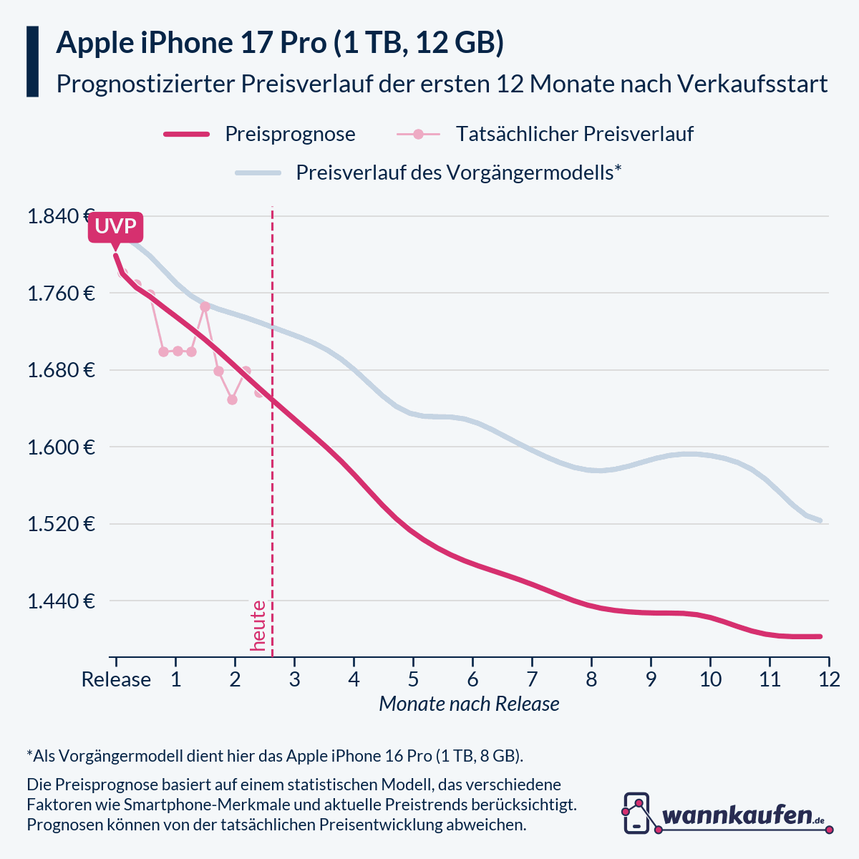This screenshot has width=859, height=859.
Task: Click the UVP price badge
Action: (115, 228)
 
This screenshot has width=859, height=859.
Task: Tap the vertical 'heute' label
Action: (258, 626)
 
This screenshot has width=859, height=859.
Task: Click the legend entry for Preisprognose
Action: (290, 134)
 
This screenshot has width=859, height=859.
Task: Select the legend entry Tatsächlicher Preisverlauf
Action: (574, 134)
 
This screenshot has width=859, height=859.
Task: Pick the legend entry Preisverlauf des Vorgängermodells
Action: (458, 173)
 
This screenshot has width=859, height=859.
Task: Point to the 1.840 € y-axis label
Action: (60, 216)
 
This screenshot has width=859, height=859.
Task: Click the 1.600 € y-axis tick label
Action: (60, 447)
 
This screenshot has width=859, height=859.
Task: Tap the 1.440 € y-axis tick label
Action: (60, 601)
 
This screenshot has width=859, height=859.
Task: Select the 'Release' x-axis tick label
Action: (116, 679)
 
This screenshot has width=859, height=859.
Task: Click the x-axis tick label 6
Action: (472, 679)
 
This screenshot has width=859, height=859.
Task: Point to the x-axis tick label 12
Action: (828, 679)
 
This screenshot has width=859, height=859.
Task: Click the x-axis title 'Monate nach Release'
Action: (469, 704)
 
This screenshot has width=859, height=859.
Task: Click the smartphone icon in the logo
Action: (636, 812)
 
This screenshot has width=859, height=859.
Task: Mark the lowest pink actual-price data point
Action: (232, 399)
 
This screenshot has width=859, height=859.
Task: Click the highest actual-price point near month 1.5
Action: (205, 306)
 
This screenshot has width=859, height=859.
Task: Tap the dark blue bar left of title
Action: (32, 62)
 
